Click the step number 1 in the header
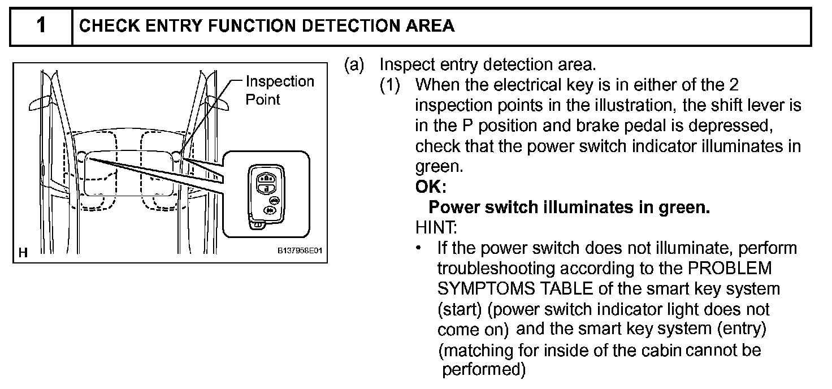(x=41, y=26)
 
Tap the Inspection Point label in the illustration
(x=279, y=90)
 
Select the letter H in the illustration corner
(x=23, y=253)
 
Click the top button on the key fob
(x=265, y=177)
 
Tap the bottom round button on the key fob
(x=270, y=210)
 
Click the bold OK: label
(x=431, y=187)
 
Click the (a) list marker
(x=354, y=65)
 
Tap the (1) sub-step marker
(x=390, y=85)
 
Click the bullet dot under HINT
(x=419, y=248)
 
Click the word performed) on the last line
(x=484, y=370)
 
